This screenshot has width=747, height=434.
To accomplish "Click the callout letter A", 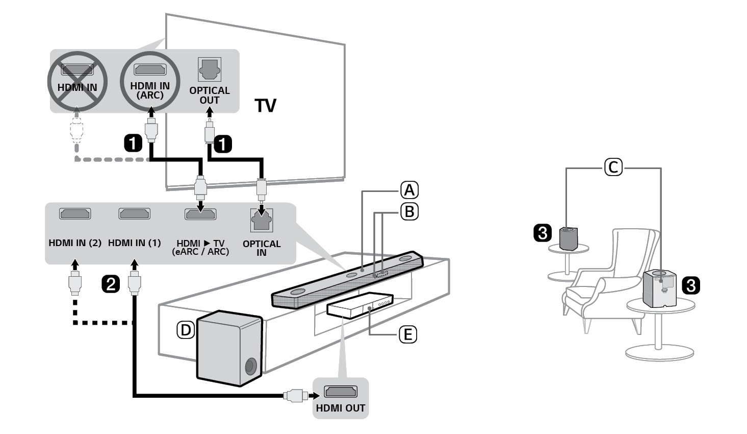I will (x=409, y=190).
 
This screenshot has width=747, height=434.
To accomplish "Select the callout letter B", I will (x=409, y=211).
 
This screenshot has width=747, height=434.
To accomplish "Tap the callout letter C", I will (x=613, y=167).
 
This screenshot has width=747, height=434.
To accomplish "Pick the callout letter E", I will (x=407, y=334).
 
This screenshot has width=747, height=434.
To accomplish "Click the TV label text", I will (x=265, y=106).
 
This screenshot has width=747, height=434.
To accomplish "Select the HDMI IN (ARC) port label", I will (x=150, y=90).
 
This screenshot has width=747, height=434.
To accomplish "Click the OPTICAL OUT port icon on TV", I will (x=209, y=69).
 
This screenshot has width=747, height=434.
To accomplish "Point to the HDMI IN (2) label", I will (x=75, y=243).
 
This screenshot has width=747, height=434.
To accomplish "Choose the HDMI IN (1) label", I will (x=135, y=243).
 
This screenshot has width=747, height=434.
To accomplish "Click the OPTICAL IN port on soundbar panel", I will (x=262, y=221).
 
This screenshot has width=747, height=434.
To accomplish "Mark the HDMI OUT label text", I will (x=341, y=408).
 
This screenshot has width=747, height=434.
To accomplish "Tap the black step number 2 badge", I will (x=111, y=284).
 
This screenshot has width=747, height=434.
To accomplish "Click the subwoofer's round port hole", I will (x=250, y=366).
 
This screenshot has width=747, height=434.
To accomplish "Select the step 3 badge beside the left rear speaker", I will (x=542, y=233).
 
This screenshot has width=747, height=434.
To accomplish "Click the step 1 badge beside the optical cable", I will (x=223, y=143).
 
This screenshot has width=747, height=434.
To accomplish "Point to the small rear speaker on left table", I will (x=569, y=238).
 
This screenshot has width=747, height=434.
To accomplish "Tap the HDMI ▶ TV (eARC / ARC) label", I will (x=200, y=247).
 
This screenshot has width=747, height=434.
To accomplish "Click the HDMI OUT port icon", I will (x=341, y=392).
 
